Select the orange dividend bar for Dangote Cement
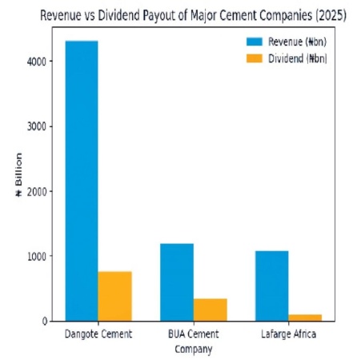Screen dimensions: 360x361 (114, 296)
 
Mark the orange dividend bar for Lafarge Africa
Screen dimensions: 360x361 (305, 318)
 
